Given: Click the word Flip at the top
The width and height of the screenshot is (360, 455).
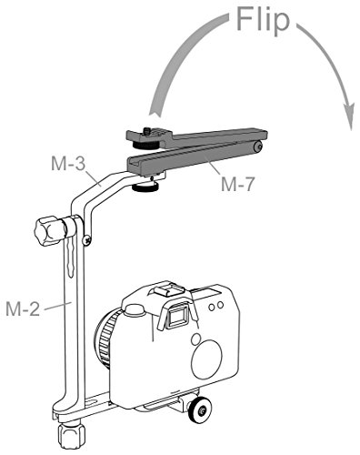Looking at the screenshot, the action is coord(263,20).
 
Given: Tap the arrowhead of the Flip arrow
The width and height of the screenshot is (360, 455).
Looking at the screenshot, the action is coord(349,116).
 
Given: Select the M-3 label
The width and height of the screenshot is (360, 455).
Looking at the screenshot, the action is coord(68,164).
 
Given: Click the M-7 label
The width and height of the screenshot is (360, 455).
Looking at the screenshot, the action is coord(238,184).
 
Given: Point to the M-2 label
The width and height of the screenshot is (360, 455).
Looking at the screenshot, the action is coord(23,309).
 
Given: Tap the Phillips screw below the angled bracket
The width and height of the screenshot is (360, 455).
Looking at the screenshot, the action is coord(87,240).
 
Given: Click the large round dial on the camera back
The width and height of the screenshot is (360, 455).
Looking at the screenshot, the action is coord(208,359).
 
